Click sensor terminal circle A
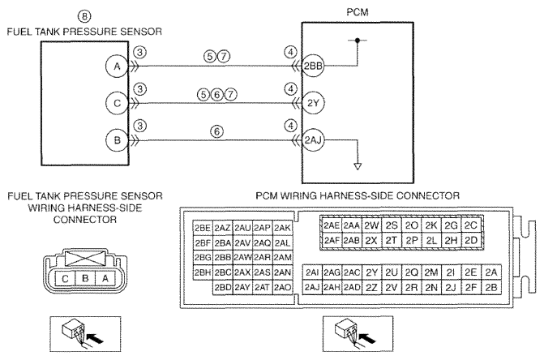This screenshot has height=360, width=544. pyautogui.click(x=117, y=66)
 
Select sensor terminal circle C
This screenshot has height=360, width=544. pyautogui.click(x=117, y=103)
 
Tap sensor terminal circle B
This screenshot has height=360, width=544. pyautogui.click(x=117, y=140)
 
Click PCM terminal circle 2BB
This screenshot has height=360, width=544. pyautogui.click(x=313, y=66)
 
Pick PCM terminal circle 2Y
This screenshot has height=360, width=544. pyautogui.click(x=313, y=103)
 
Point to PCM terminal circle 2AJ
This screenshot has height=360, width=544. pyautogui.click(x=313, y=140)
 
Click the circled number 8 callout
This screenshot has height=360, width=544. pyautogui.click(x=84, y=16)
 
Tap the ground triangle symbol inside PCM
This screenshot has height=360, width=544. pyautogui.click(x=358, y=166)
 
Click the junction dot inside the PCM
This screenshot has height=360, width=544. pyautogui.click(x=358, y=41)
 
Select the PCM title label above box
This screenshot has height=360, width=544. pyautogui.click(x=358, y=12)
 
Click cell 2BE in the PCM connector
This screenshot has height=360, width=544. pyautogui.click(x=203, y=228)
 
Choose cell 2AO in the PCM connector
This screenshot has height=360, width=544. pyautogui.click(x=283, y=288)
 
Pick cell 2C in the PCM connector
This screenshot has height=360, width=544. pyautogui.click(x=471, y=225)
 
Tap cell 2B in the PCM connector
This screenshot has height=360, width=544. pyautogui.click(x=491, y=288)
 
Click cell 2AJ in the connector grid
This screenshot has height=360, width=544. pyautogui.click(x=312, y=288)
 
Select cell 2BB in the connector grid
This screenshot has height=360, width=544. pyautogui.click(x=223, y=257)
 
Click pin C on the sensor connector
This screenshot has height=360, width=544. pyautogui.click(x=65, y=278)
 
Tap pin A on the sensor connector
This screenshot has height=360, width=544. pyautogui.click(x=105, y=278)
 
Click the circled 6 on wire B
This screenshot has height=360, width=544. pyautogui.click(x=216, y=131)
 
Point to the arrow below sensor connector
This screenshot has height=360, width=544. pyautogui.click(x=95, y=338)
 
